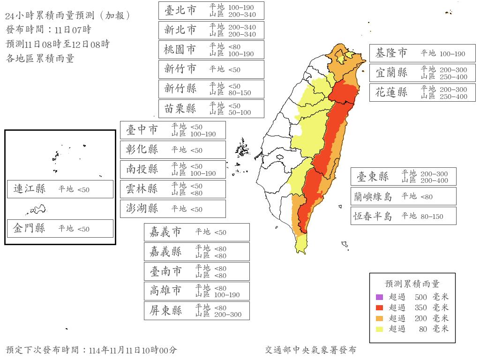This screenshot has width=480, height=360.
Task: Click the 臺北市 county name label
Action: tap(180, 10)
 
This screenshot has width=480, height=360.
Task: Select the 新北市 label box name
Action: tap(180, 30)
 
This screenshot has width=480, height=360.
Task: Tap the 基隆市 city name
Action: tap(391, 53)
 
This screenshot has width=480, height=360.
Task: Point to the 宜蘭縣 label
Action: tap(391, 73)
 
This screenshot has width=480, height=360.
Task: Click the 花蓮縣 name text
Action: tap(391, 93)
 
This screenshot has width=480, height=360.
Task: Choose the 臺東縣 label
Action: tap(373, 177)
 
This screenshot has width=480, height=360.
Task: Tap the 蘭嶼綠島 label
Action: tap(373, 196)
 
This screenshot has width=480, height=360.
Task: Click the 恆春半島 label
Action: tap(373, 216)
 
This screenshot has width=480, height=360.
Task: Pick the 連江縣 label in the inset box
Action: tap(30, 189)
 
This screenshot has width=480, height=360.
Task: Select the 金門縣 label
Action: tap(30, 229)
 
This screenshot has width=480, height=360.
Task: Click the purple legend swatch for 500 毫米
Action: tap(379, 297)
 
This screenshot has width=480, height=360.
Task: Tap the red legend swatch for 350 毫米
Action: tap(379, 308)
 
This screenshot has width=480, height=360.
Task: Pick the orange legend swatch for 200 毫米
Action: tap(379, 319)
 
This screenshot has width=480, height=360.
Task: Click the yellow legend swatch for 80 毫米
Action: tap(379, 329)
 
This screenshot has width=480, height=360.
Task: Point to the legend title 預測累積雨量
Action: tap(412, 284)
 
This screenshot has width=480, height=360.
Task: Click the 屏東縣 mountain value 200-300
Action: tap(228, 315)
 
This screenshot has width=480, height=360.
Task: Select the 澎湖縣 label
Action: tap(142, 209)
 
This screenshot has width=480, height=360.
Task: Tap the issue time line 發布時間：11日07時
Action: tap(49, 30)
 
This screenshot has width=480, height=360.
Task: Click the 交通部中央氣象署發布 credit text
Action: tap(310, 350)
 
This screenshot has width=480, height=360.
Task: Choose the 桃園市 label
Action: tap(180, 50)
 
